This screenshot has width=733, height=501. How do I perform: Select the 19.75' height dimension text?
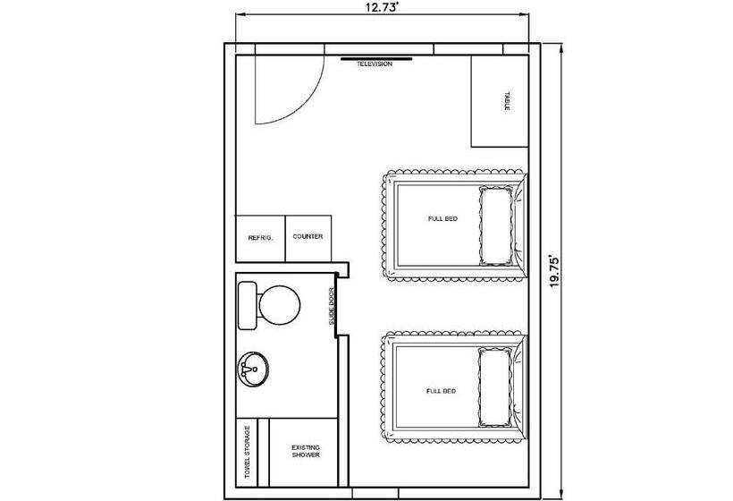(x=554, y=271)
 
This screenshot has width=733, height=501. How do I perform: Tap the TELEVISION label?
(x=375, y=64)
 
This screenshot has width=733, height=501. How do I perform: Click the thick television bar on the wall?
(x=376, y=59)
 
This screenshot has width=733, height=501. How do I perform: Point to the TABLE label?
(x=507, y=101)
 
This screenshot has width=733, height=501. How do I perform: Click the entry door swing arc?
(x=308, y=104)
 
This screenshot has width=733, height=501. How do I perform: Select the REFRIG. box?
(x=260, y=239)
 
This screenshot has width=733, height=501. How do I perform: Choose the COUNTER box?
(x=308, y=239)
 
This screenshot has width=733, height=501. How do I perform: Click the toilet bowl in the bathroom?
(x=280, y=305)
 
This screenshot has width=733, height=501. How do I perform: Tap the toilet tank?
(x=248, y=305)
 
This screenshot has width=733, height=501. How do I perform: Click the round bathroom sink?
(x=253, y=369)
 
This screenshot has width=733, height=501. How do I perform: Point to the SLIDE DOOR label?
(x=332, y=306)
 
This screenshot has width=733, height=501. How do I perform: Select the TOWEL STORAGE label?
(x=248, y=452)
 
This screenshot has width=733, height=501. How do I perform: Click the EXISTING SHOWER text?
(x=306, y=452)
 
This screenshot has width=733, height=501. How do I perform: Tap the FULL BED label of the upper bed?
(x=442, y=219)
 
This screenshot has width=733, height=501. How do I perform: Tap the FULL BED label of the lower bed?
(x=441, y=391)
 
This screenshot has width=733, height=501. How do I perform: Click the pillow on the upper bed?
(x=495, y=226)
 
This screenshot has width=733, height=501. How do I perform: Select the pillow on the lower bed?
(x=494, y=386)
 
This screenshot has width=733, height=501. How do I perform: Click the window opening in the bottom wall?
(x=375, y=493)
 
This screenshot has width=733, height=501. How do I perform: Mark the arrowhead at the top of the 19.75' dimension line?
(x=561, y=47)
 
